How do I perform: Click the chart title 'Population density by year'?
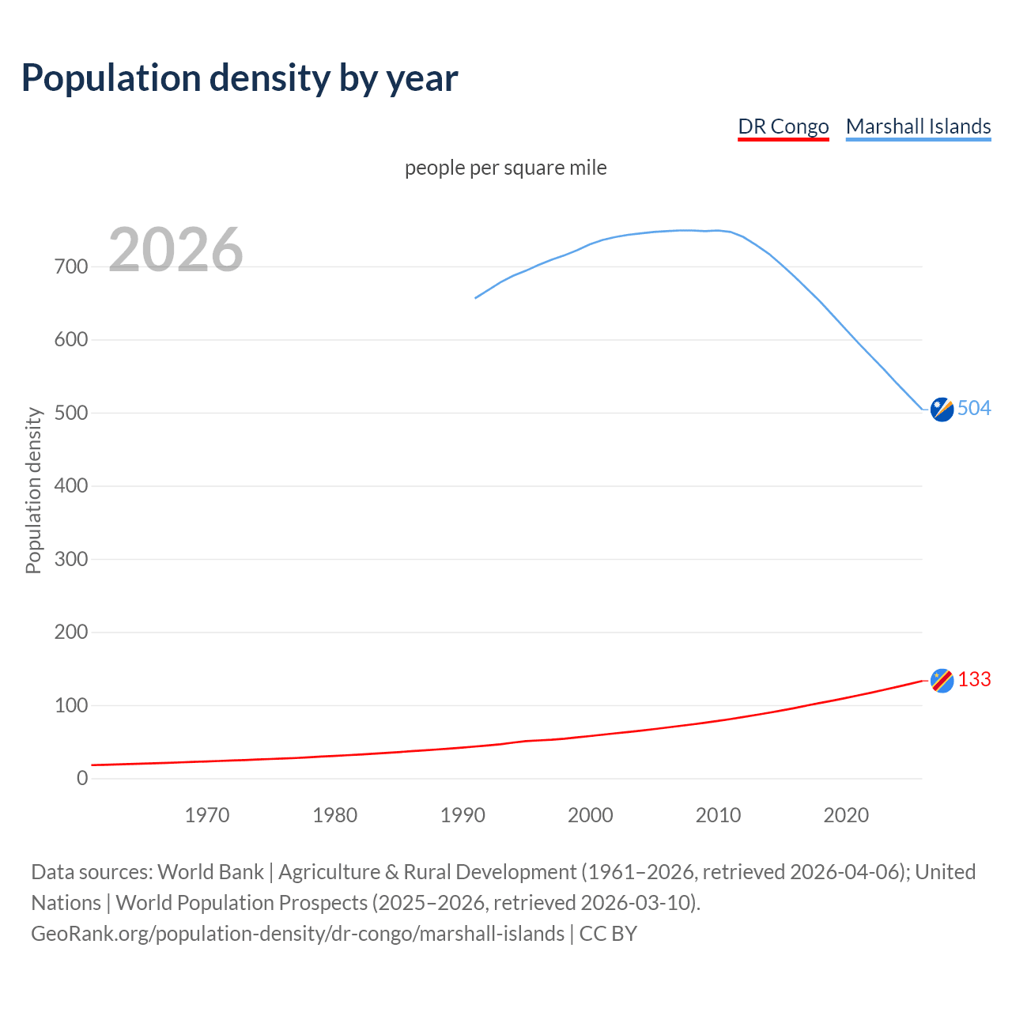pos(240,77)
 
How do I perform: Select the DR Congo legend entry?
pos(783,126)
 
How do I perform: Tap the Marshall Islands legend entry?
pos(918,126)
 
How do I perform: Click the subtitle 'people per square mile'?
pos(506,168)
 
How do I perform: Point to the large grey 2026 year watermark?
pos(176,250)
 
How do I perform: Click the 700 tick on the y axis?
pos(71,267)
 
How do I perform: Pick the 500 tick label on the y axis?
pos(71,413)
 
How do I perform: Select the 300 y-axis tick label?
pos(71,560)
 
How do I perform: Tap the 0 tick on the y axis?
pos(82,779)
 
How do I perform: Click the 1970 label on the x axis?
pos(207,815)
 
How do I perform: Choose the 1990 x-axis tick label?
pos(463,815)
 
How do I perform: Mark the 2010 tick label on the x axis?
pos(718,815)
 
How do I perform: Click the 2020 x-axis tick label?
pos(846,815)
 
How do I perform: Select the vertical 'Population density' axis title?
pos(33,490)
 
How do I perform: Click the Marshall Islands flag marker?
pos(942,410)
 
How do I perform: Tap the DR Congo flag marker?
pos(942,681)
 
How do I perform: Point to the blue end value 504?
pos(974,408)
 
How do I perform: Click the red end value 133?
pos(975,680)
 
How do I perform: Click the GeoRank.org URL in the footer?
pos(297,934)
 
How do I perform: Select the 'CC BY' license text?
pos(608,934)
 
